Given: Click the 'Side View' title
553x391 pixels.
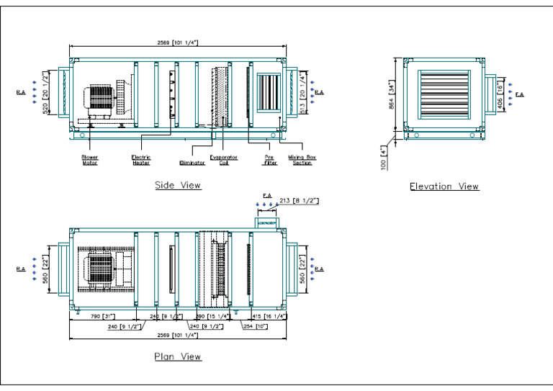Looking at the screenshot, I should [x=178, y=186].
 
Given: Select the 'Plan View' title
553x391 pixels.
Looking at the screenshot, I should [x=178, y=356].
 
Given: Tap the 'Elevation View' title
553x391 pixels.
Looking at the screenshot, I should [x=444, y=186].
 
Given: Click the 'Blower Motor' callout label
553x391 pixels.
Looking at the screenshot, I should [x=90, y=160].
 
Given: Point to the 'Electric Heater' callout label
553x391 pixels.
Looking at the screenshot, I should [x=141, y=160].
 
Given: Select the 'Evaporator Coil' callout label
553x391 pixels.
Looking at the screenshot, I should [x=219, y=160].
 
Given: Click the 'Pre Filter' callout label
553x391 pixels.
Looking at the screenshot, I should [x=270, y=160].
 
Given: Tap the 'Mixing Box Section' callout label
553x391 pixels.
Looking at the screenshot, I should [x=302, y=160].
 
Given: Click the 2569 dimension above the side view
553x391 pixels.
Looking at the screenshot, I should [x=177, y=43].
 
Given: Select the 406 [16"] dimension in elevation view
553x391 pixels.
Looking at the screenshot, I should [x=500, y=93].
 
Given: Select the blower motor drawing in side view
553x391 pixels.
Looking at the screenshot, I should [x=101, y=101].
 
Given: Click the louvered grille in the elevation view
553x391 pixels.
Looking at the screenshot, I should [x=444, y=94].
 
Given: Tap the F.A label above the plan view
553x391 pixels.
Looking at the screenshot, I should [x=266, y=195].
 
